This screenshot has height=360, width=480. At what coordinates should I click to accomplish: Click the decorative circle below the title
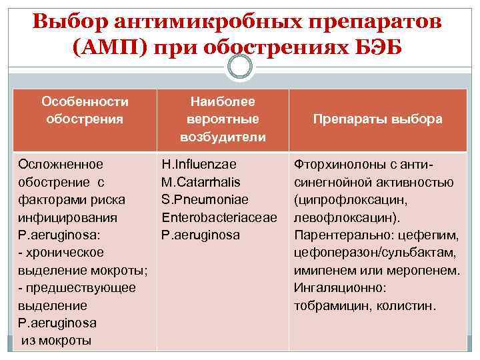240,66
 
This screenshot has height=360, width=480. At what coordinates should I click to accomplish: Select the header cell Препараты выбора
378,119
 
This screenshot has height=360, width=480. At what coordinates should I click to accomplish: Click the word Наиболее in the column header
222,102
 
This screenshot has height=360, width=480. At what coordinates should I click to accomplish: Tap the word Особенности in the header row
85,102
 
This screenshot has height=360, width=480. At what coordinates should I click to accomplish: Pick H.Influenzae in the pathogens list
199,163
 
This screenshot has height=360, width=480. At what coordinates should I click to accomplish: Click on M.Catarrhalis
201,181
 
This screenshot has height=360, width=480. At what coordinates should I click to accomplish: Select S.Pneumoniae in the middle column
204,199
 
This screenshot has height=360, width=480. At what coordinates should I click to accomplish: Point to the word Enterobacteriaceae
219,217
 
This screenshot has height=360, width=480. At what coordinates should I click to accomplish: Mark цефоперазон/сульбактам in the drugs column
374,253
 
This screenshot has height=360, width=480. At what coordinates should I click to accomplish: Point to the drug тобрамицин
325,307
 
